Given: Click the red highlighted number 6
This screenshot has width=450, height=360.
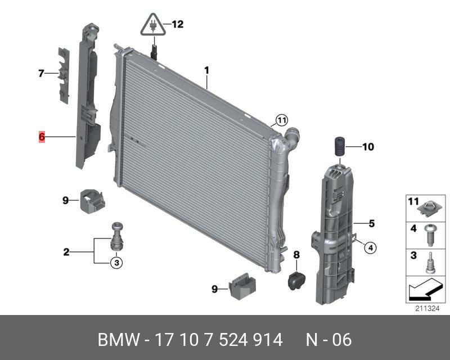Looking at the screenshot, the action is pos(42,137).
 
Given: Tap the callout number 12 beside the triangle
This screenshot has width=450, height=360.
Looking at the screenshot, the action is pos(177,24).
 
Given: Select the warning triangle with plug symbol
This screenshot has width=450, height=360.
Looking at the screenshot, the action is pos(153,25).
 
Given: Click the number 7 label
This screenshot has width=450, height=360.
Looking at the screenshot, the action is pos(41,74).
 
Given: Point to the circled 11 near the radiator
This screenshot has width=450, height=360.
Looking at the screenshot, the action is pos(282,120).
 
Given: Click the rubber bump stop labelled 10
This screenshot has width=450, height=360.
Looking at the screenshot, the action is pos(339,147).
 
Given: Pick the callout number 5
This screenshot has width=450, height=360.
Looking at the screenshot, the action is pos(372,223).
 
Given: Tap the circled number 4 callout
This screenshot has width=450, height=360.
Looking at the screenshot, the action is pos(370,247).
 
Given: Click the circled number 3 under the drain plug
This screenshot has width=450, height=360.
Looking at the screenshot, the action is pos(116,263).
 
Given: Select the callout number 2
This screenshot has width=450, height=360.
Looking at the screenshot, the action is pos(66,252).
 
